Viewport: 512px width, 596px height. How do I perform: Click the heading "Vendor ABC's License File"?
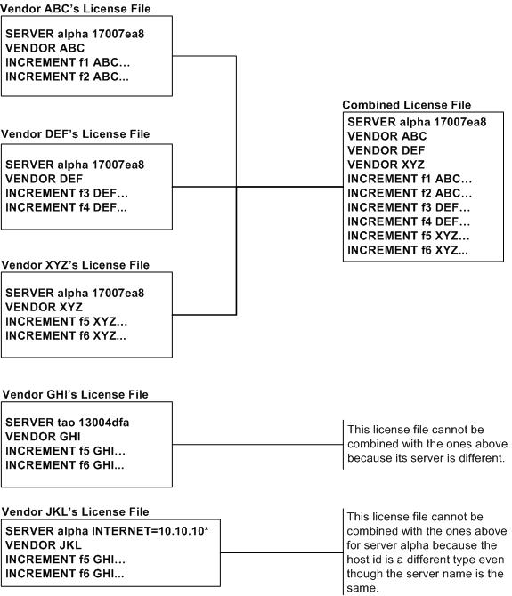(76, 8)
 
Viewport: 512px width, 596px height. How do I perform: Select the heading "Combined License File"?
(407, 105)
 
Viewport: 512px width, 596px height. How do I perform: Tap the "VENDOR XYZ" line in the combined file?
(386, 165)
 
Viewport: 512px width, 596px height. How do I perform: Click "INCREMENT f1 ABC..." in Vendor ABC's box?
(68, 62)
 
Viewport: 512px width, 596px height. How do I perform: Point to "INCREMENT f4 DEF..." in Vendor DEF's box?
(66, 207)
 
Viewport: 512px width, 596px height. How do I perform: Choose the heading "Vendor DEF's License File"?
(76, 133)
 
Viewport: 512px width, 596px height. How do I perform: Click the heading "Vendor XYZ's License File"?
(76, 264)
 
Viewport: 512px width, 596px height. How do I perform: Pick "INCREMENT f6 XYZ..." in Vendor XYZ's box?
(65, 335)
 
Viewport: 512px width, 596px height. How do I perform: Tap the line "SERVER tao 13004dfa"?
(68, 423)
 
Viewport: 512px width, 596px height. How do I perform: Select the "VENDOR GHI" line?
(43, 437)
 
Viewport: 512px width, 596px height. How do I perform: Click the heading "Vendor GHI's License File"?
(76, 394)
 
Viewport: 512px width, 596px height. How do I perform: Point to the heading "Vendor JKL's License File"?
(76, 511)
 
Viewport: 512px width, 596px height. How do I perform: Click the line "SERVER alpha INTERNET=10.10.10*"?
(107, 531)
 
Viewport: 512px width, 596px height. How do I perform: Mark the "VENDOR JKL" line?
(44, 545)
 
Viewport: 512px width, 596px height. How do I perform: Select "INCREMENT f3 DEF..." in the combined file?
(409, 207)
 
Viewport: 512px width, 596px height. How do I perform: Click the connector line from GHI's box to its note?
(257, 444)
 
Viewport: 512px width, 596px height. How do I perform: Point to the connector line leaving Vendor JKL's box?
(281, 552)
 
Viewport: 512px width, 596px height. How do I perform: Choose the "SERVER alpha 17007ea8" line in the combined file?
(417, 122)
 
